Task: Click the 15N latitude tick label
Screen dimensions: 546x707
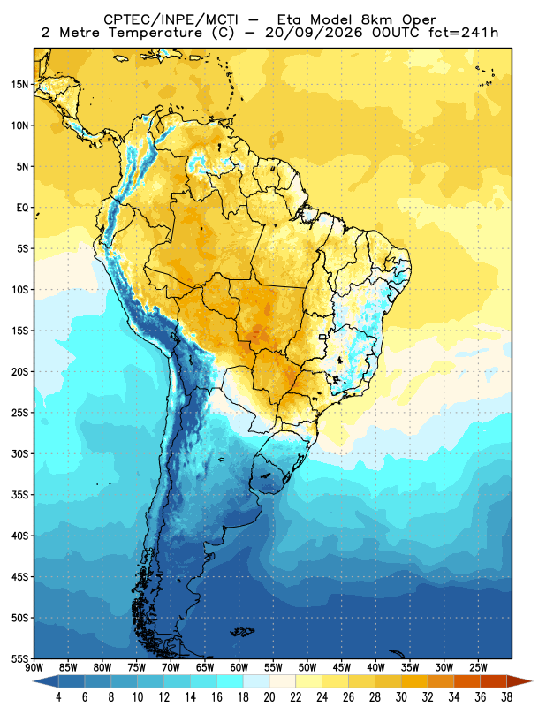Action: [19, 84]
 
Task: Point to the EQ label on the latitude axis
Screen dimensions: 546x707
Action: [23, 208]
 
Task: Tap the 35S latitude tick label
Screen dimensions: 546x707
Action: [19, 495]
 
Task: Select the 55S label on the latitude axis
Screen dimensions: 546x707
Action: [19, 658]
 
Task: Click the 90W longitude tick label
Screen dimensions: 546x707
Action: [34, 667]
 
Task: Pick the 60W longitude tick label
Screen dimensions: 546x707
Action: [239, 667]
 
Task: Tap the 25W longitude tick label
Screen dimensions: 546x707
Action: [478, 667]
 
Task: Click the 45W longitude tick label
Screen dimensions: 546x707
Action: [341, 667]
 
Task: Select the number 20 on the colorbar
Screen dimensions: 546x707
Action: [269, 697]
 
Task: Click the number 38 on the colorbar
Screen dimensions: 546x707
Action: [506, 697]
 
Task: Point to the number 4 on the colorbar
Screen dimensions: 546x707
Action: [58, 697]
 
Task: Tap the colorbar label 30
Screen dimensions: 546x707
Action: [401, 697]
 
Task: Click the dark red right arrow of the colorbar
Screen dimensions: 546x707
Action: [519, 681]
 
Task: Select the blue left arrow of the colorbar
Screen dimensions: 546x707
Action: [46, 681]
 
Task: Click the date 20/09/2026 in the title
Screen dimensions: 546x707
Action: [314, 33]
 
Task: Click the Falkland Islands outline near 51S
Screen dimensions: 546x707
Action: [243, 632]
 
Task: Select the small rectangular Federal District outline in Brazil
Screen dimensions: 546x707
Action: [322, 337]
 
